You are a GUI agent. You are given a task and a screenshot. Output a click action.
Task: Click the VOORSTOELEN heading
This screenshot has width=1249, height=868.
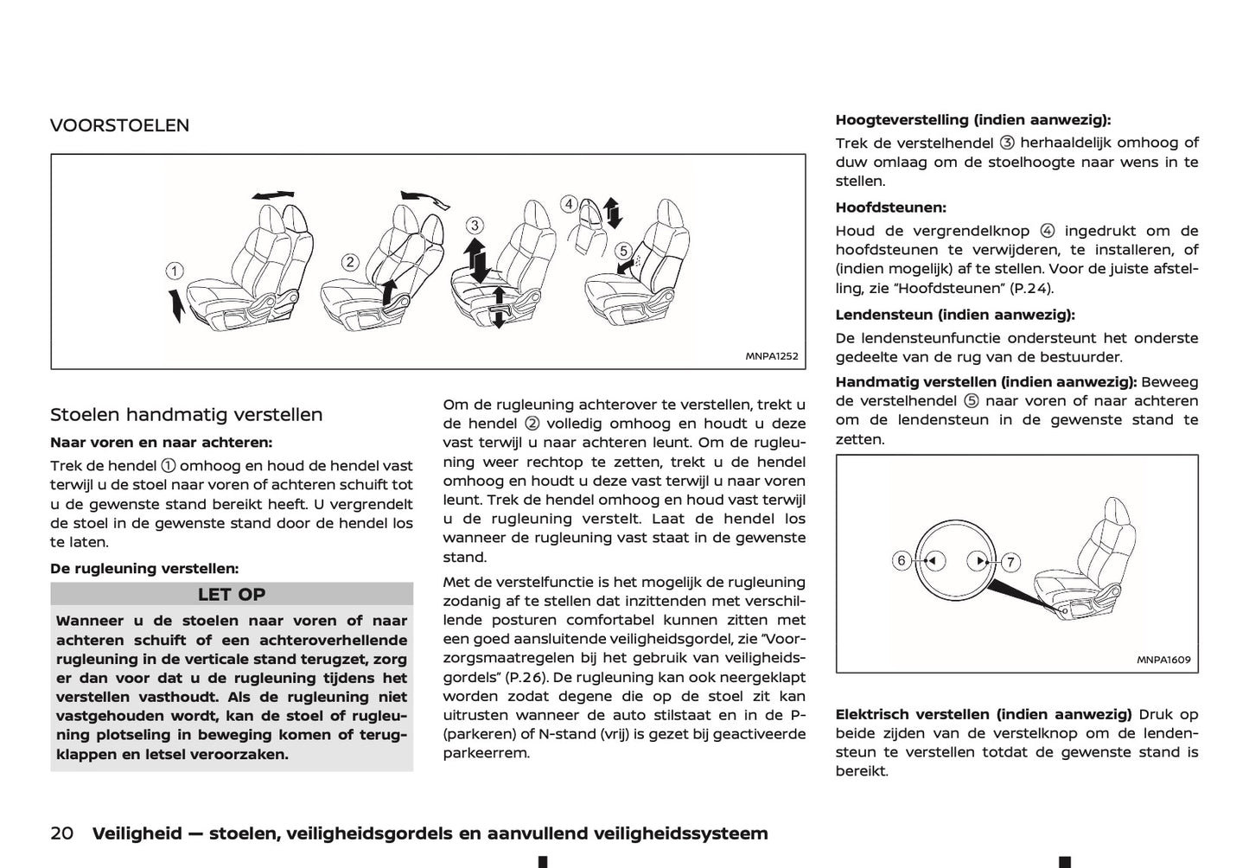(119, 125)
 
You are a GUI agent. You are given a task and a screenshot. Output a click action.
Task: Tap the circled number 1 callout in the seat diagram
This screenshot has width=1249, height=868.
(175, 271)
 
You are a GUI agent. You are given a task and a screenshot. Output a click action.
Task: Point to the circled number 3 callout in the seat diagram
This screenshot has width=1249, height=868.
(475, 226)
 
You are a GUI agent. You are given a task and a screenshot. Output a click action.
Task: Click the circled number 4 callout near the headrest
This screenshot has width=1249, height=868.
(568, 204)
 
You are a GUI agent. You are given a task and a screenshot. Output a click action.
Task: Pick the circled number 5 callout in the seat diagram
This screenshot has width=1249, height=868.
(623, 251)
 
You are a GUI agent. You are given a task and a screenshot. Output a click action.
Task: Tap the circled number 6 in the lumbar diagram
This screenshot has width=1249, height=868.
(902, 560)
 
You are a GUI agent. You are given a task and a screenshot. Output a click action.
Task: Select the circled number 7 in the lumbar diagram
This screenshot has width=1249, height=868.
(1010, 562)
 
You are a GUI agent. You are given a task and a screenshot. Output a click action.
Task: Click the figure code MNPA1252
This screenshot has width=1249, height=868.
(772, 356)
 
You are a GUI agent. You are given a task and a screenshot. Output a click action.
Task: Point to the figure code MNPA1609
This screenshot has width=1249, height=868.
(1163, 660)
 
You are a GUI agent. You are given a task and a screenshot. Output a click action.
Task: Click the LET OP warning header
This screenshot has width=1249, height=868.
(232, 595)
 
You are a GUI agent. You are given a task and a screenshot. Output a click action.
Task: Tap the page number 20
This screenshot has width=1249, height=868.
(61, 833)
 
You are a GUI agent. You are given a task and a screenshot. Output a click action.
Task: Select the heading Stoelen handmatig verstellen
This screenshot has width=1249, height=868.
(187, 415)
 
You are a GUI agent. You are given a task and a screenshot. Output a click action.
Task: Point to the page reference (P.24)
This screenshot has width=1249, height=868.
(1028, 289)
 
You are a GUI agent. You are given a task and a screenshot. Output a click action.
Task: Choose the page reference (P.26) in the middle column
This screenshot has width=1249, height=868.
(521, 677)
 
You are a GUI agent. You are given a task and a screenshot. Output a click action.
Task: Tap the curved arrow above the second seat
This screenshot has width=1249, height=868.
(425, 198)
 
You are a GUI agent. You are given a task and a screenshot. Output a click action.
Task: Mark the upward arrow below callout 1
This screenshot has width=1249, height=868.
(176, 305)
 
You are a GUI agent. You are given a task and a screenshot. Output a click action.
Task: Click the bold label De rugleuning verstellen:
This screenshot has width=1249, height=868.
(144, 569)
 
